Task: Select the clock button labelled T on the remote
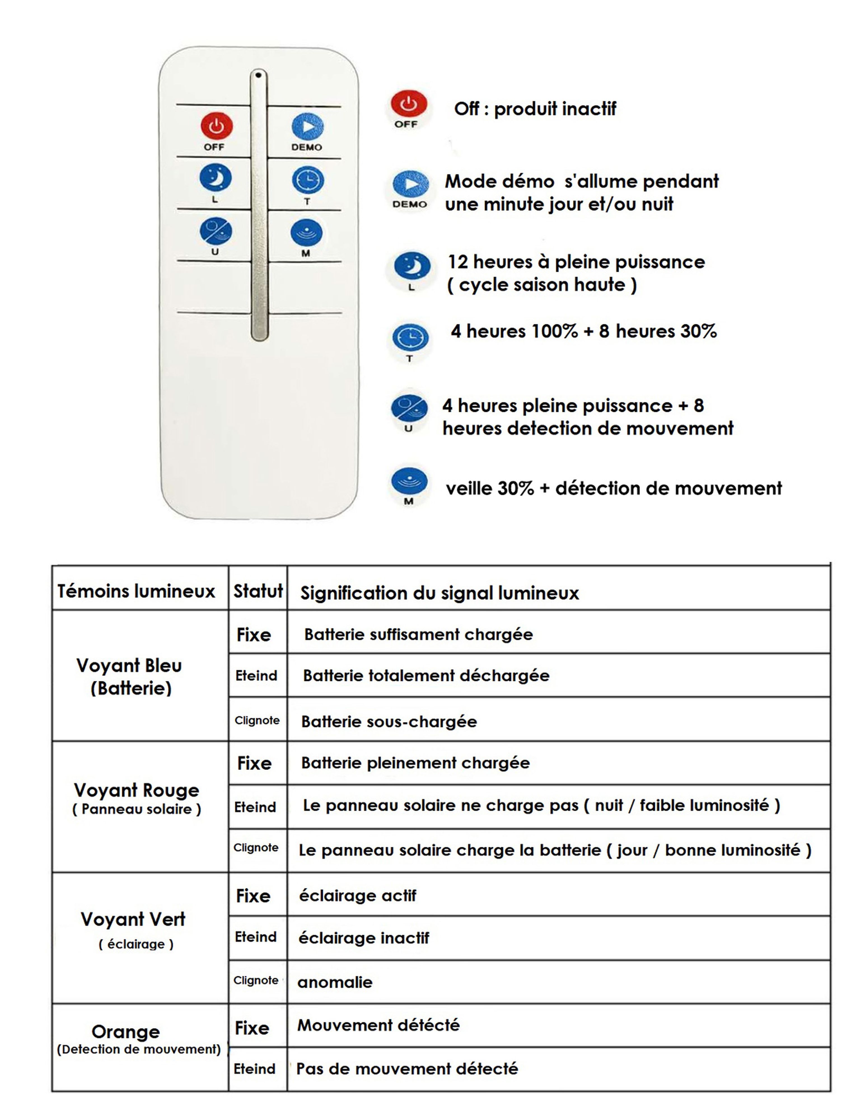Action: (308, 180)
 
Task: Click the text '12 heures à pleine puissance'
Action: (576, 262)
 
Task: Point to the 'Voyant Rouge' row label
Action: (136, 789)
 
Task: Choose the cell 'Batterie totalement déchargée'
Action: (426, 675)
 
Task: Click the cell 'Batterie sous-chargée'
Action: (389, 721)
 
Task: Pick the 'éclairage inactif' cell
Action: (364, 938)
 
